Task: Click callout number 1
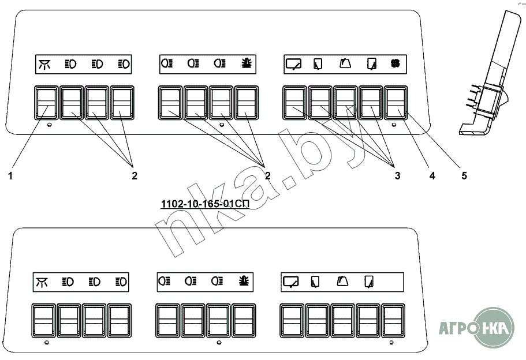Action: (10, 176)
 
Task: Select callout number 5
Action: (464, 176)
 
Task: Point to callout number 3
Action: (397, 176)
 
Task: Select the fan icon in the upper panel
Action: (396, 63)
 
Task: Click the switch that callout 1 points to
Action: (44, 103)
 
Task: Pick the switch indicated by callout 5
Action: (396, 103)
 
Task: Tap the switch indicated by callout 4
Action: (371, 103)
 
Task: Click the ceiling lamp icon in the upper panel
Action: (44, 63)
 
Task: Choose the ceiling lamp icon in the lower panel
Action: (42, 282)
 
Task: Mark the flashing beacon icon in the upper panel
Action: (246, 63)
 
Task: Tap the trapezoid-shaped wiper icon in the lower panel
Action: (342, 282)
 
